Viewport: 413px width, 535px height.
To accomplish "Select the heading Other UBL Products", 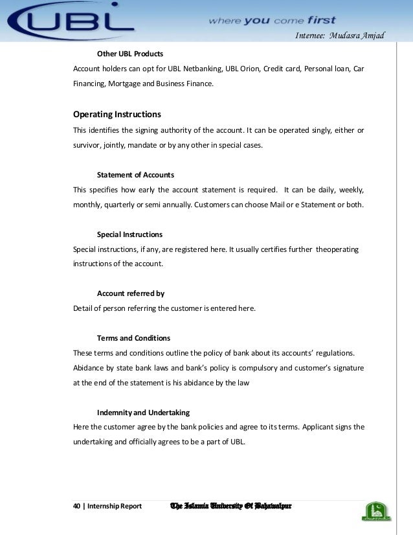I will (129, 53).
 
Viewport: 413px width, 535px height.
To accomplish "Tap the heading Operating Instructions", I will (117, 115).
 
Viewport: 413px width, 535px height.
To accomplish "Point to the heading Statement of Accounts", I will (135, 175).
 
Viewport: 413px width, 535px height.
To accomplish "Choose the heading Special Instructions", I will (129, 234).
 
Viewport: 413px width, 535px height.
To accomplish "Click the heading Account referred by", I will (130, 293).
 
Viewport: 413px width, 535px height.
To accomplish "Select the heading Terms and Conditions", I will (133, 338).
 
